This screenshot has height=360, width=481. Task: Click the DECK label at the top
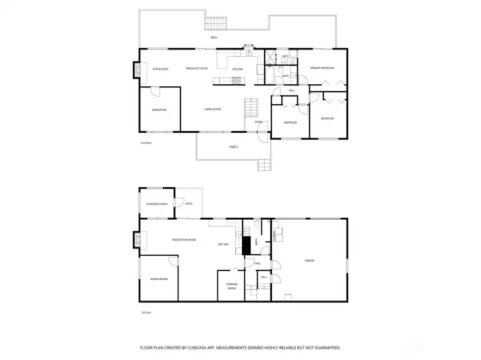point(214,37)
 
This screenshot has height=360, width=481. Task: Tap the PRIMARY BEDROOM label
point(321,69)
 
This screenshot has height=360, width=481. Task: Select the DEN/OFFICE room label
point(159,110)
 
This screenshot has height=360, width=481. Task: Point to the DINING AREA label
point(160,69)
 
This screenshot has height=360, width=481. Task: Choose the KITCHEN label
point(237,69)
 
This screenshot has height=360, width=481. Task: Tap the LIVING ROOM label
point(212,109)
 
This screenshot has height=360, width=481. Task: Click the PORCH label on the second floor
point(233,146)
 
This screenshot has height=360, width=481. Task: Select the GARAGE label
point(309,260)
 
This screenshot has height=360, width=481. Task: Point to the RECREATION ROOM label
point(184,239)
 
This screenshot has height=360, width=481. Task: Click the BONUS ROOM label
point(159,279)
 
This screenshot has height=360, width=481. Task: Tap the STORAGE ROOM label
point(231,286)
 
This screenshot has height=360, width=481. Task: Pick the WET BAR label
point(224,244)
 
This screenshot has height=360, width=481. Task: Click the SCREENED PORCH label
point(157,204)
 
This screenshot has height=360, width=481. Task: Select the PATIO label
point(189,203)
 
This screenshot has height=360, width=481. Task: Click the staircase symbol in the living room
point(252,107)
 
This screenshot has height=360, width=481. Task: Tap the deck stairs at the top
point(214,24)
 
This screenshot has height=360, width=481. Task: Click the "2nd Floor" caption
point(146,143)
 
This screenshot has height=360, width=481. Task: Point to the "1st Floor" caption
point(146,312)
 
